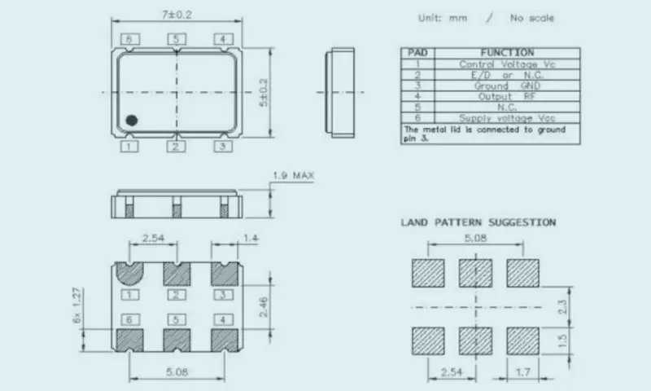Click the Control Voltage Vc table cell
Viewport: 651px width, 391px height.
(508, 64)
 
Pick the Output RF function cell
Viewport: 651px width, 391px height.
(508, 95)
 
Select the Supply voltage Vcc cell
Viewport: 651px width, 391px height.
(508, 117)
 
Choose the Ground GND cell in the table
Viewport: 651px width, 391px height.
(508, 85)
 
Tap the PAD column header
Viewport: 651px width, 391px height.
(418, 53)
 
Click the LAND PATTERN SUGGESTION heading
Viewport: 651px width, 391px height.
(478, 222)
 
